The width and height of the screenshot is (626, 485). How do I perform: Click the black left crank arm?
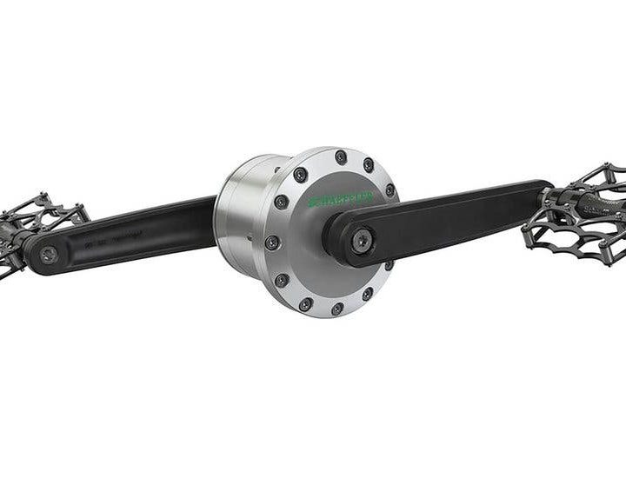(130, 235)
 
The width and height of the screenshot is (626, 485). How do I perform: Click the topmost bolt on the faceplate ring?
(341, 157)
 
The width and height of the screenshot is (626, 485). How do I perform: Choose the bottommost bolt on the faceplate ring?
(336, 308)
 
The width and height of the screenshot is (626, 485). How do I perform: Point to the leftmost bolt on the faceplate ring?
(272, 242)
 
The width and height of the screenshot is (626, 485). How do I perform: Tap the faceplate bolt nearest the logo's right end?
(389, 189)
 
